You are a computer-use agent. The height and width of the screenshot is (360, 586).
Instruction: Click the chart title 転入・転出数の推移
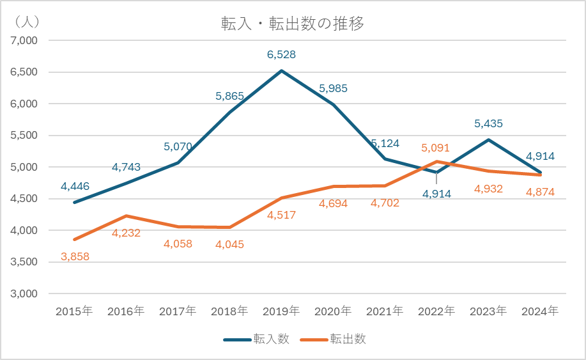click(x=292, y=24)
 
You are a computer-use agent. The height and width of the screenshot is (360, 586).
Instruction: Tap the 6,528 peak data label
click(x=281, y=55)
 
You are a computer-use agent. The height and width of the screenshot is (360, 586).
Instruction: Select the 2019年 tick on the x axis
click(x=281, y=311)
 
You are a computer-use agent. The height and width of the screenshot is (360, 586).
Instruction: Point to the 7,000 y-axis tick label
click(x=25, y=40)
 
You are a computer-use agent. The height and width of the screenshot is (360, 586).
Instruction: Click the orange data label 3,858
click(x=75, y=257)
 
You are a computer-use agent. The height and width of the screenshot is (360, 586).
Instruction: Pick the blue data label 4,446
click(x=75, y=187)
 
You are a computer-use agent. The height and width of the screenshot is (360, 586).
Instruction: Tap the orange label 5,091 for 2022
click(x=435, y=148)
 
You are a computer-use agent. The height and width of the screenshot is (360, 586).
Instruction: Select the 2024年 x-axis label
click(x=540, y=311)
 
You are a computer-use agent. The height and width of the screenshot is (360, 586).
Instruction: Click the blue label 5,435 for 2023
click(x=488, y=123)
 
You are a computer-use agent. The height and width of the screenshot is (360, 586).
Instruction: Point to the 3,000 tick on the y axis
click(x=25, y=293)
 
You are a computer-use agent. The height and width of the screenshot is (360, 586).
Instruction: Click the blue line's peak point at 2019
click(x=281, y=70)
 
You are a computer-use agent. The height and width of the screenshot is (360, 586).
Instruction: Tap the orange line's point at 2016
click(x=127, y=216)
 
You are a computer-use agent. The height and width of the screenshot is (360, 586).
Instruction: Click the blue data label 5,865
click(x=229, y=97)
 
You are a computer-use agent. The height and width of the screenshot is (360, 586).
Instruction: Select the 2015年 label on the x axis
click(x=75, y=311)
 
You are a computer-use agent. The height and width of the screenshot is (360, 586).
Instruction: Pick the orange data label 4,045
click(x=229, y=244)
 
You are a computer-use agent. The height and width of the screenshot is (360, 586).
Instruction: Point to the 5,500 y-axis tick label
click(x=25, y=136)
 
